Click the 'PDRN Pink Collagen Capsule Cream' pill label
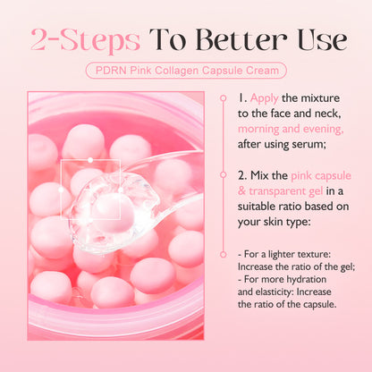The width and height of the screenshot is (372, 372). point(186,70)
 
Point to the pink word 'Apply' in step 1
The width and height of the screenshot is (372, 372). point(266,97)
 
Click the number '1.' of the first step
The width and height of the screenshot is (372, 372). point(244,97)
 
